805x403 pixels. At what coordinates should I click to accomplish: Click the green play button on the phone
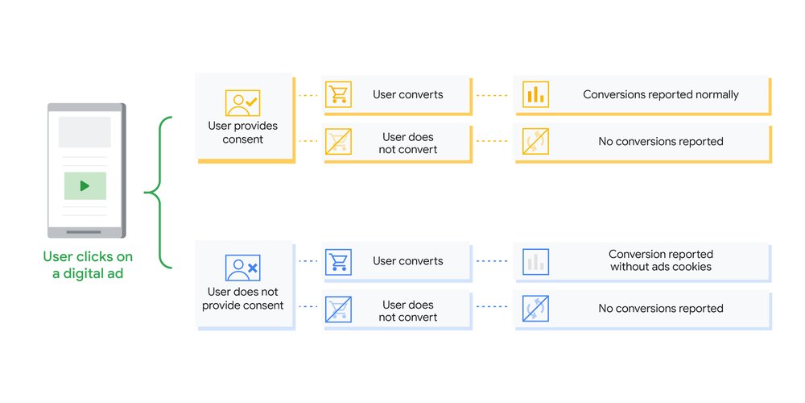pos(85,185)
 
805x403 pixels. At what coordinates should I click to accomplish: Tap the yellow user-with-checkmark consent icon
pos(242,103)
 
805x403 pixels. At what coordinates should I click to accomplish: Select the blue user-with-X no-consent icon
pos(242,267)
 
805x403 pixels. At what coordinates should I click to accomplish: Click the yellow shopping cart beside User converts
pos(338,94)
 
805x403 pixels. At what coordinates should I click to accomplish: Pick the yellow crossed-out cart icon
pos(338,142)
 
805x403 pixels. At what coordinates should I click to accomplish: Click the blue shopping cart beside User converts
pos(338,261)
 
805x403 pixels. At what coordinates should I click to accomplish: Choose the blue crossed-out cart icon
pos(338,310)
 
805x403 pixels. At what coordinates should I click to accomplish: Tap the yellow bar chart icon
pos(535,94)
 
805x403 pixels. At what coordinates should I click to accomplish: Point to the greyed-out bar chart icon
pos(535,261)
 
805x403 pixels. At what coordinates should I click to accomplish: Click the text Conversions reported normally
pos(660,94)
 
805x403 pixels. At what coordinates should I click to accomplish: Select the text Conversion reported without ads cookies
pos(660,260)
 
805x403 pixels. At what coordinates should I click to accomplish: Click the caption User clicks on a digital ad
pos(88,265)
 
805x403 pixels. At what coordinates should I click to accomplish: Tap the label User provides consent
pos(242,132)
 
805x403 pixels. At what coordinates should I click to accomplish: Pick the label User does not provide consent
pos(242,299)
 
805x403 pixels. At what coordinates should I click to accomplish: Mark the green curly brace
pos(159,193)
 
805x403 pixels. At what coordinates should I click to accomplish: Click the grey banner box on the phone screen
pos(85,132)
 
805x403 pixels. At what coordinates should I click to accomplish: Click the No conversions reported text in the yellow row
pos(660,142)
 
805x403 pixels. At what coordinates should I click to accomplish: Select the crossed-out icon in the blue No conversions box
pos(535,309)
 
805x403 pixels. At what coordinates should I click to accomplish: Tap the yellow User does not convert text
pos(407,143)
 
